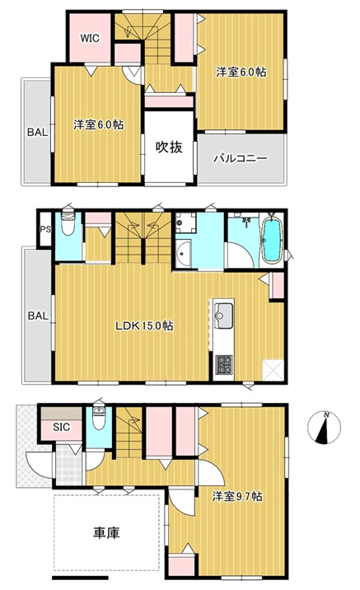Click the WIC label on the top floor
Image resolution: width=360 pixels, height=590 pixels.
click(91, 38)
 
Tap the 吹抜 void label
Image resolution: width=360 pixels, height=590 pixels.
click(169, 147)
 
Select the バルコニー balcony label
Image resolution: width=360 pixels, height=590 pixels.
click(241, 158)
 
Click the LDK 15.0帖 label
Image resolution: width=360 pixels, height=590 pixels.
click(144, 325)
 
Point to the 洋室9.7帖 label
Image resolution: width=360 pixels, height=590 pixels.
click(237, 496)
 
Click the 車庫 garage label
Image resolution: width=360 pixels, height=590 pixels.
click(106, 533)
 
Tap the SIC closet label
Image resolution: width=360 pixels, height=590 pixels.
click(61, 427)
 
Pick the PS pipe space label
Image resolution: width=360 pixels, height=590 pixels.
click(45, 229)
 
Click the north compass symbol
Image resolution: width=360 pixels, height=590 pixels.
click(324, 428)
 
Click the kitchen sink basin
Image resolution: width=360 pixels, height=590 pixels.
click(223, 316)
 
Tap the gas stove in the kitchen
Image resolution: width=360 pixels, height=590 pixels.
click(223, 365)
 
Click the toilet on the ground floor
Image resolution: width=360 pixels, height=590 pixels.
click(99, 419)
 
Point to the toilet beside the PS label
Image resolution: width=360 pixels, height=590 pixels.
click(68, 224)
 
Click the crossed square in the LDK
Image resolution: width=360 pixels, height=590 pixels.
click(273, 370)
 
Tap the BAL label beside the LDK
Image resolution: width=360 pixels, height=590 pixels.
click(38, 316)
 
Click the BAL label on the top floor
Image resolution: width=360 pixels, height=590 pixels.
click(37, 132)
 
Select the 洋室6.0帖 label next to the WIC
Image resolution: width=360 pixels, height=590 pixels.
click(99, 124)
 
